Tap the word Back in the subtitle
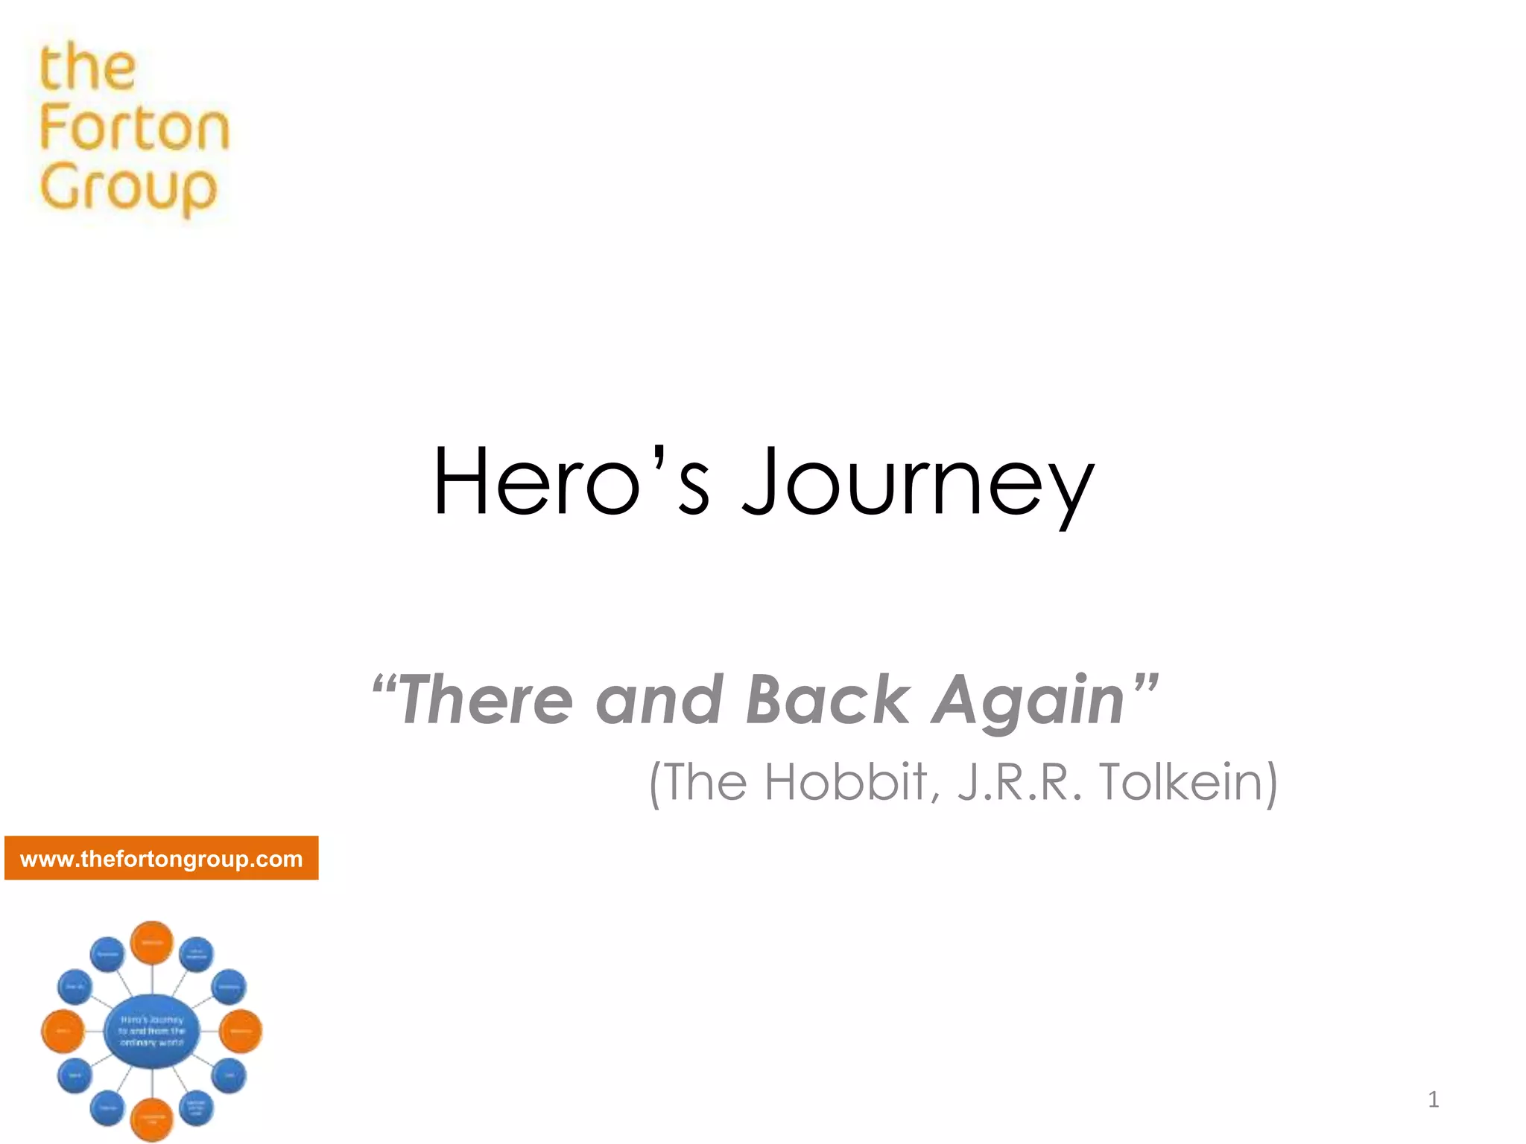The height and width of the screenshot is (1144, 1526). coord(827,699)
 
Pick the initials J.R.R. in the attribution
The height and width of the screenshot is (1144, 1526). coord(1020,782)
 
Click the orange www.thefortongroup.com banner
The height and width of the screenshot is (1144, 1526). coord(162,859)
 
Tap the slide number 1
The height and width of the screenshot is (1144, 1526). coord(1433,1099)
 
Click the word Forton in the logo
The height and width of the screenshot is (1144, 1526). coord(134,127)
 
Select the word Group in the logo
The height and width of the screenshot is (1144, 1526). coord(128,188)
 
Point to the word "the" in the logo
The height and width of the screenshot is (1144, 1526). coord(88,67)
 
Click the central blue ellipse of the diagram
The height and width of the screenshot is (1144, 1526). coord(152,1031)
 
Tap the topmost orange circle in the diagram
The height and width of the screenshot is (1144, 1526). coord(152,943)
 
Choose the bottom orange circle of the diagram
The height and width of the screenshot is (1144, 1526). coord(152,1119)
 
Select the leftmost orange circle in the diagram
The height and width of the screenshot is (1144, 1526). coord(63,1032)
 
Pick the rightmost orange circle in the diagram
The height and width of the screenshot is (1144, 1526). coord(241,1032)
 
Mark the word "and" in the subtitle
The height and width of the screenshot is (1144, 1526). coord(659,699)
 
